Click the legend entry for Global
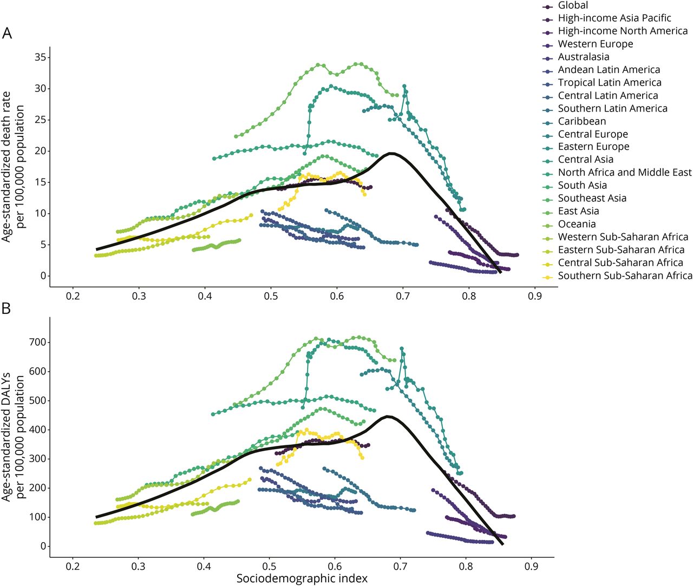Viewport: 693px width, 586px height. (573, 5)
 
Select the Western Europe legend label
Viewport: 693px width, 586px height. (595, 44)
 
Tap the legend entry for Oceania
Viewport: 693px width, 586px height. (577, 224)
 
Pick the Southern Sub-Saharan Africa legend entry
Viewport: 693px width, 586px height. (625, 275)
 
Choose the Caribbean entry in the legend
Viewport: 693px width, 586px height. (582, 121)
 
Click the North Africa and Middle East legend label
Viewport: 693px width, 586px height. (625, 173)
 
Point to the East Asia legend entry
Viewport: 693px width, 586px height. (578, 211)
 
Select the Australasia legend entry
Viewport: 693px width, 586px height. (583, 57)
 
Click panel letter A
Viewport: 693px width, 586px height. (7, 34)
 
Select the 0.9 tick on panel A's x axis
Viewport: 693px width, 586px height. (535, 297)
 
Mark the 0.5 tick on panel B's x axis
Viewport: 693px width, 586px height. (269, 567)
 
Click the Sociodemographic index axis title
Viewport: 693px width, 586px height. (302, 578)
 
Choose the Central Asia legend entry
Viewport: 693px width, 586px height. (585, 160)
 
